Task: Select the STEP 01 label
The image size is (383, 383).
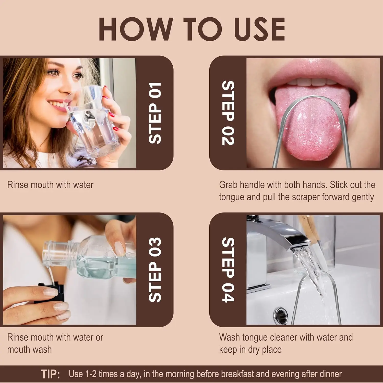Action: [x=155, y=113]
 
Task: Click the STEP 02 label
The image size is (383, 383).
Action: [x=228, y=113]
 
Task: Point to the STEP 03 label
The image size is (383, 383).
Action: [x=155, y=270]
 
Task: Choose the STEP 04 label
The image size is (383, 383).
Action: [x=228, y=270]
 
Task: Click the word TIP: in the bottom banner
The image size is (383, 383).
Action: [x=50, y=374]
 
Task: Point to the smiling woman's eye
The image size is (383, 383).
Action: [x=54, y=73]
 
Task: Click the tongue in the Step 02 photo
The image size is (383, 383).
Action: [x=312, y=128]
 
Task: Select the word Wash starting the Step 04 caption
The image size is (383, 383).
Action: [x=229, y=337]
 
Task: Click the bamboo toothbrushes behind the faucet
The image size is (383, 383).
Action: [x=310, y=227]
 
